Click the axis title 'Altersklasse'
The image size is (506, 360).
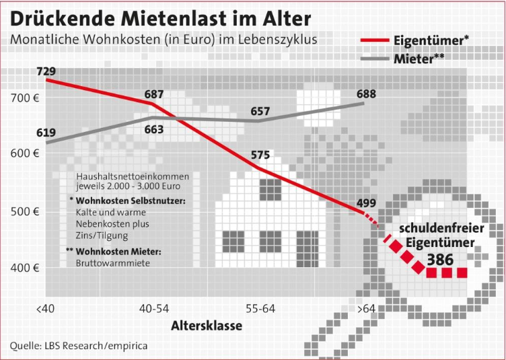coord(206,326)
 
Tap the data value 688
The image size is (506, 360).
coord(366,94)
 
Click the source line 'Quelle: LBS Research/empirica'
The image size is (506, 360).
coord(78,347)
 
